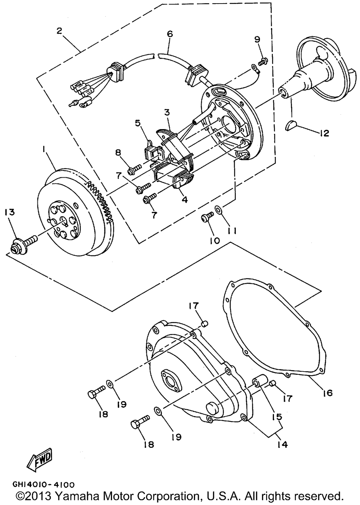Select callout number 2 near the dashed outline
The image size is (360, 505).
click(x=59, y=31)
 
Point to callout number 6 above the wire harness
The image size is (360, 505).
click(x=170, y=34)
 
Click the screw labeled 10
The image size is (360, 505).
click(x=207, y=217)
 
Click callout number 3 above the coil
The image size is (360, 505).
click(x=167, y=113)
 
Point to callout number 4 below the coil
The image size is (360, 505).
click(x=185, y=199)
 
